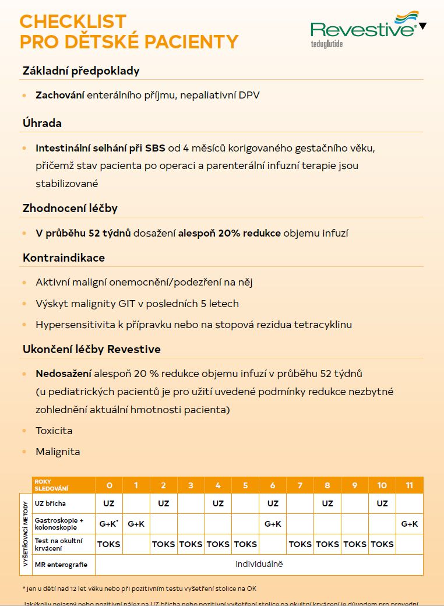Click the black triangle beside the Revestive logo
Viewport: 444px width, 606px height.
[423, 26]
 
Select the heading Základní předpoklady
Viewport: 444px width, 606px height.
[81, 71]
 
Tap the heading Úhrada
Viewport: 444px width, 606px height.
[42, 123]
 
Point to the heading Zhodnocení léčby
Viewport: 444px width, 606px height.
[70, 208]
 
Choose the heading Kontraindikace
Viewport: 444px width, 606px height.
[64, 258]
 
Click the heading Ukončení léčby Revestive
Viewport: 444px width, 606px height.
[91, 349]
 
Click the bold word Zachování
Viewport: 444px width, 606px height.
[59, 95]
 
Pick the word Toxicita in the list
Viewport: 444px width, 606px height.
[54, 431]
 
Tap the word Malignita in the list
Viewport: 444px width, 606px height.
[58, 452]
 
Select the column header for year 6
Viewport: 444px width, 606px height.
[272, 485]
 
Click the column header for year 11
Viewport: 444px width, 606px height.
[409, 485]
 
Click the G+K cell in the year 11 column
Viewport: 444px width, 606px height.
[409, 524]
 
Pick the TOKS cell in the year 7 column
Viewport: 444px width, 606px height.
[299, 544]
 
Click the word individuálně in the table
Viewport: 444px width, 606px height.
[259, 564]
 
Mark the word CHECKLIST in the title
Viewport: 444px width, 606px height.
[73, 22]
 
